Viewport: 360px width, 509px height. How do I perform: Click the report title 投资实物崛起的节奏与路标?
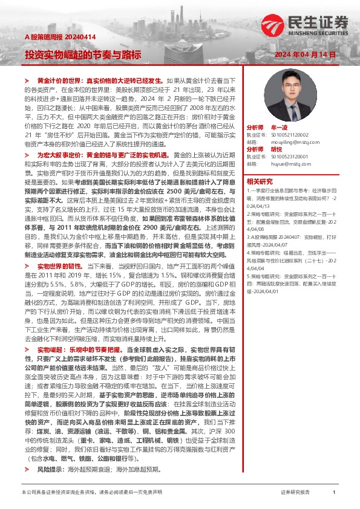pos(83,54)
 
